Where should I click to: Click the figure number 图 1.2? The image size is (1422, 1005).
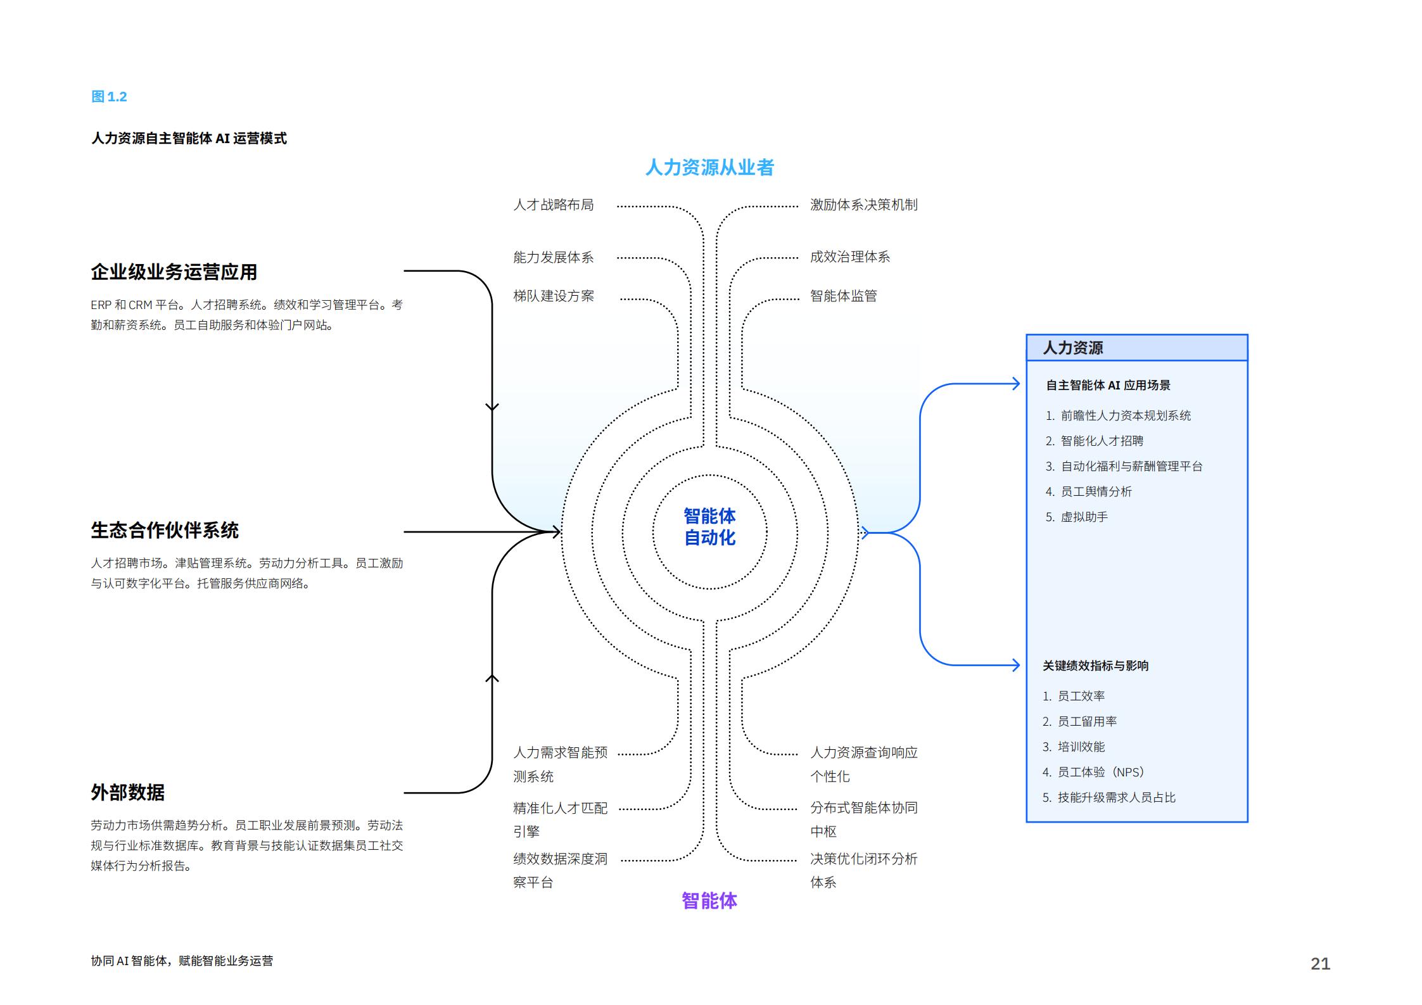tap(109, 97)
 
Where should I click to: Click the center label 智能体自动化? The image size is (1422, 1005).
tap(709, 527)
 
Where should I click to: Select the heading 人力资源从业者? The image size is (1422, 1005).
tap(709, 167)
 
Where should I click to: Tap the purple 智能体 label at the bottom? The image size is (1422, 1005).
tap(709, 901)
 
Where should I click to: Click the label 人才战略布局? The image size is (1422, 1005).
tap(554, 205)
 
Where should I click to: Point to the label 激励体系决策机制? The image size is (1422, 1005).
tap(864, 205)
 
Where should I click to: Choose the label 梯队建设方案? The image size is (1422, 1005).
tap(554, 296)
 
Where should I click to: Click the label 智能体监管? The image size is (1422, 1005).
tap(844, 296)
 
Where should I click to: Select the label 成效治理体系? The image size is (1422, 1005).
tap(850, 256)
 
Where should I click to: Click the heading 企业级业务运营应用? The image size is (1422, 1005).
tap(174, 272)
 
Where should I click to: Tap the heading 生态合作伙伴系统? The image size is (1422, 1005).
tap(165, 530)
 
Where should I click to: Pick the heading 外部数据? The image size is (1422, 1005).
tap(128, 792)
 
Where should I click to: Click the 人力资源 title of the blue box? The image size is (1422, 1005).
tap(1073, 348)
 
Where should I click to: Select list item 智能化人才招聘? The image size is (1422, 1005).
tap(1095, 441)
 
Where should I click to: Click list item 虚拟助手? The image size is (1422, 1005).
tap(1077, 517)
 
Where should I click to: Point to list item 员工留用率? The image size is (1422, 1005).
tap(1080, 721)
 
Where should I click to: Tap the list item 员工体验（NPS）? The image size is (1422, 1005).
tap(1093, 772)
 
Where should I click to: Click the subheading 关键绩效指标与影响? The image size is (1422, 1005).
tap(1096, 666)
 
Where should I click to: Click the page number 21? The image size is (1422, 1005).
tap(1320, 963)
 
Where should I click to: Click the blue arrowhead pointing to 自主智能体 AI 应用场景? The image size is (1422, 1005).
tap(1016, 384)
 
